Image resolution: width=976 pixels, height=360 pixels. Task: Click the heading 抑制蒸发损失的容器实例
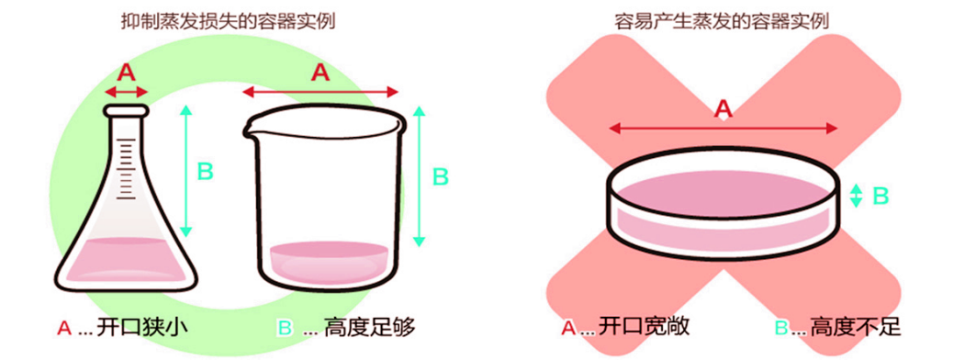[x=228, y=21]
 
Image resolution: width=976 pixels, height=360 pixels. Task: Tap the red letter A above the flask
[x=127, y=71]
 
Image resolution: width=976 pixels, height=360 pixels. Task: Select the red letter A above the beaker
[x=320, y=73]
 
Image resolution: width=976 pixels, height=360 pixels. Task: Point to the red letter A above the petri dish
[x=724, y=109]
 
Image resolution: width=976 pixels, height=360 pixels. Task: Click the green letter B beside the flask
[x=206, y=170]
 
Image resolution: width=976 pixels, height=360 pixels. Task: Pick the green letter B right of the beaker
[x=441, y=176]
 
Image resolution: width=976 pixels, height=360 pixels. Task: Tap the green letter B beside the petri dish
[x=880, y=195]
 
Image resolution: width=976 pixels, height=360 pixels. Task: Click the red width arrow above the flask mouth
[x=127, y=91]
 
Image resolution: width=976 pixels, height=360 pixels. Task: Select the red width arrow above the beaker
[x=320, y=91]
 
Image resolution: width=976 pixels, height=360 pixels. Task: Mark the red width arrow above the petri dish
[x=724, y=128]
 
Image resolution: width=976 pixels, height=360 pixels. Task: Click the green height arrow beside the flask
[x=186, y=170]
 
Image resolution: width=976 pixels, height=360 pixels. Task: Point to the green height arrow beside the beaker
[x=420, y=176]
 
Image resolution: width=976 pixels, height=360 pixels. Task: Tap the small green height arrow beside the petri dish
[x=856, y=195]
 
